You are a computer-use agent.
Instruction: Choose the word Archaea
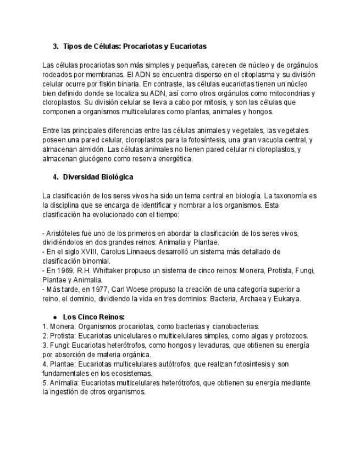[x=246, y=298]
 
